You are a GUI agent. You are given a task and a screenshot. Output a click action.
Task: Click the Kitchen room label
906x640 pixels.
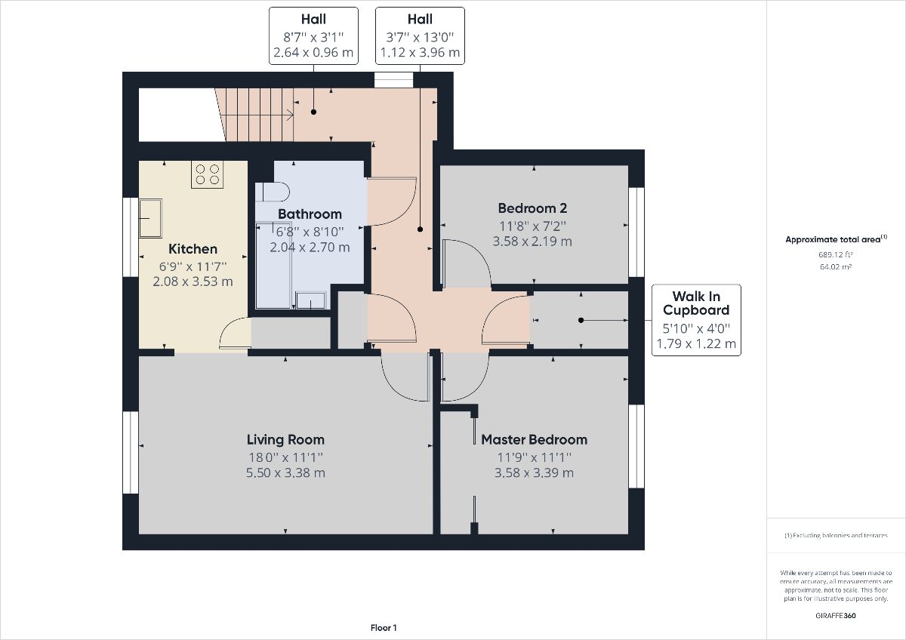coord(193,249)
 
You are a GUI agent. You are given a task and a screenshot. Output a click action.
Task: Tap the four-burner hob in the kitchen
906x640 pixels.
coord(207,174)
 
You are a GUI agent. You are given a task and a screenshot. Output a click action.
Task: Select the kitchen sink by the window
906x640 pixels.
coord(149,217)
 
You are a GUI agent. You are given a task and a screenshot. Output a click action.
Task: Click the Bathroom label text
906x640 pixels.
coord(310,214)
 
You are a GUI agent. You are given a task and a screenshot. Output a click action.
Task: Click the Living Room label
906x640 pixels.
coord(285,439)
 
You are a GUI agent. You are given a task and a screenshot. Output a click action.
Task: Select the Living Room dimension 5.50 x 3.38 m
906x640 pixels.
coord(285,473)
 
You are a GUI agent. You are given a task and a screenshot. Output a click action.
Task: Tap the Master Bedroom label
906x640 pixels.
coord(534,439)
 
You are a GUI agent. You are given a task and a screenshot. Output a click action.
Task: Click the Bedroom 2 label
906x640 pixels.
coord(532,208)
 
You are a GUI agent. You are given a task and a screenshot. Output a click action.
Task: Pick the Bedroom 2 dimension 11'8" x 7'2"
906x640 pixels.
coord(532,226)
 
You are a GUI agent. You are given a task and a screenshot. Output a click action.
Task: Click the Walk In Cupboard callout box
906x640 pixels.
coord(695,320)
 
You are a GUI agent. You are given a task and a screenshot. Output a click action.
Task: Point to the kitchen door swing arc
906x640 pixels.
coord(235,334)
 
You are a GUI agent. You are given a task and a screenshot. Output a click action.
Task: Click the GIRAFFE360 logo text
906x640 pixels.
coord(836,615)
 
